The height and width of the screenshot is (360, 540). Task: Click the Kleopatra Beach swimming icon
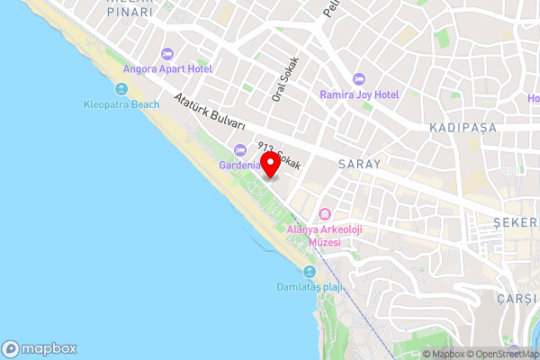tap(121, 89)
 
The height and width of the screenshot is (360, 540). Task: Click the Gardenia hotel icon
tap(239, 150)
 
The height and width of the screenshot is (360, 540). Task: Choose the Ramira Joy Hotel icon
tap(359, 79)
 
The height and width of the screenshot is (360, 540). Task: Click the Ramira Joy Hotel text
tap(360, 94)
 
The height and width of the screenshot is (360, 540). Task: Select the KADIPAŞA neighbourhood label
tap(463, 128)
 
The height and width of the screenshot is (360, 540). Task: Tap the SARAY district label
tap(360, 165)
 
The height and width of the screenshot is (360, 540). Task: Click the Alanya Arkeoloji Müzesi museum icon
tap(323, 214)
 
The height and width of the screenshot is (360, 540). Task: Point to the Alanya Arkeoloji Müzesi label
tap(324, 236)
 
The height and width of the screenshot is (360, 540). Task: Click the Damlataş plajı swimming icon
tap(310, 272)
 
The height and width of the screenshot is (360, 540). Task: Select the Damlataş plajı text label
tap(310, 288)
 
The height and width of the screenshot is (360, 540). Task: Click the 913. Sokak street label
tap(278, 157)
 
